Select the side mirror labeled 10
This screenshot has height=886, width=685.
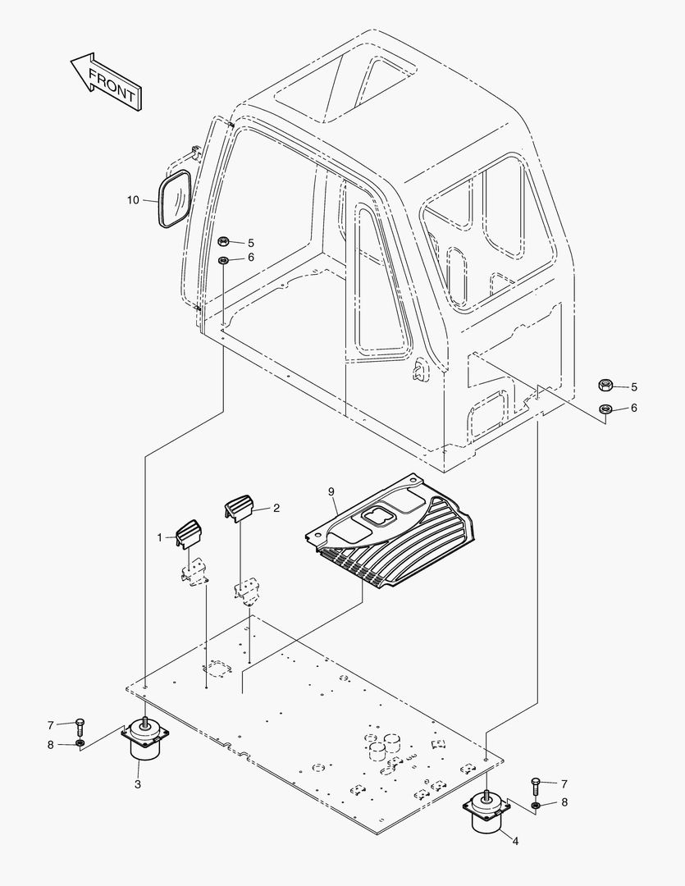(174, 199)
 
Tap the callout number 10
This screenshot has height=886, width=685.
(133, 199)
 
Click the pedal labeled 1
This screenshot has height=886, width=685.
(190, 534)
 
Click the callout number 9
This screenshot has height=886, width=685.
(331, 491)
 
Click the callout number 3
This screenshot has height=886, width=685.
(138, 784)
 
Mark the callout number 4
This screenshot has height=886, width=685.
(515, 840)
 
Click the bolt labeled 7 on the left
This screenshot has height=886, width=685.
(80, 725)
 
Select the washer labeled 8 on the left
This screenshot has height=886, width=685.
(80, 744)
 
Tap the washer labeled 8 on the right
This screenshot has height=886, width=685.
(536, 803)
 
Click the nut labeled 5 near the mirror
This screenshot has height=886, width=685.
(223, 242)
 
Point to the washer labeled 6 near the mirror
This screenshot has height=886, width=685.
(223, 260)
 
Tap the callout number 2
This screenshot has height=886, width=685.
(276, 508)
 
